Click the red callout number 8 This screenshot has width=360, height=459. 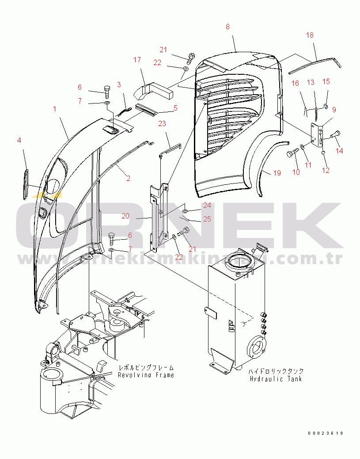point(227,27)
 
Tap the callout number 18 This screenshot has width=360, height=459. point(310,35)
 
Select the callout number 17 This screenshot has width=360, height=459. point(137,59)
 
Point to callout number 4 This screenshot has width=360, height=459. point(19,140)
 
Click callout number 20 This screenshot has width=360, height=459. point(126,216)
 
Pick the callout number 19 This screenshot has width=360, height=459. point(277,173)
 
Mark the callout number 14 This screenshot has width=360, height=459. point(339,151)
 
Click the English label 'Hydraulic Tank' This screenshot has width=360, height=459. point(276,379)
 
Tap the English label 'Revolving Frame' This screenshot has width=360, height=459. point(146,375)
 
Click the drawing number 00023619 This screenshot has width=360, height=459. point(326,433)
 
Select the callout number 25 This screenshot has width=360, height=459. point(207,219)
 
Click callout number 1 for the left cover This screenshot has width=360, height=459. point(55,108)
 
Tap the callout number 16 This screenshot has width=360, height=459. point(295,83)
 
